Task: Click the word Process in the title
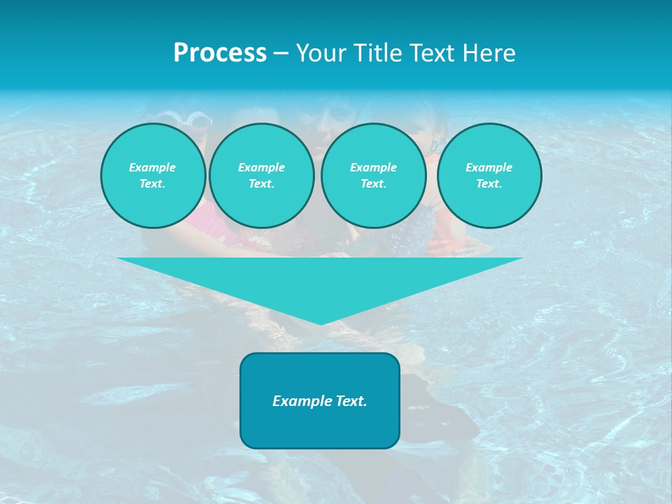click(x=220, y=53)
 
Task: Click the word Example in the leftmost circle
click(x=153, y=167)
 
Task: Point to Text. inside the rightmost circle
click(x=489, y=183)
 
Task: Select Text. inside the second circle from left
click(x=262, y=183)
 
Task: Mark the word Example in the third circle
click(x=373, y=167)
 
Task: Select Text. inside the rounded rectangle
click(x=350, y=401)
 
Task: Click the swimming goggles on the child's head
click(x=195, y=120)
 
